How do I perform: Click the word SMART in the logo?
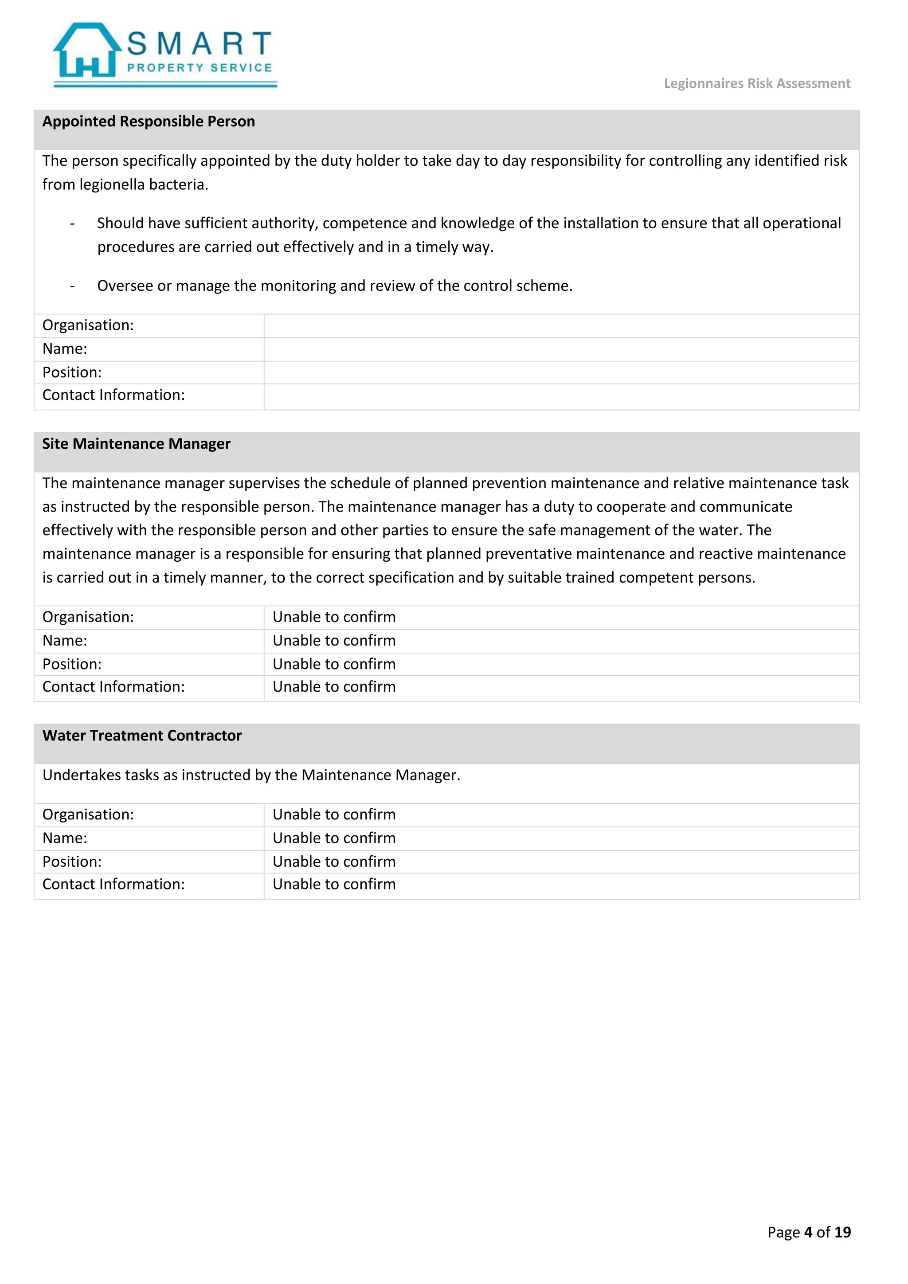coord(199,43)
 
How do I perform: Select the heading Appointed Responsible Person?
coord(149,121)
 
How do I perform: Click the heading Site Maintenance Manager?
coord(137,443)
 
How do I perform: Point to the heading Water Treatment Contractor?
coord(142,736)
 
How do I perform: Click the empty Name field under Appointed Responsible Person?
coord(561,349)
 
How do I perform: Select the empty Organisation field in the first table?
coord(561,325)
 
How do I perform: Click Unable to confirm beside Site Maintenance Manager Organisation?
coord(334,617)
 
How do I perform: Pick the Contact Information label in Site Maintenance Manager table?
coord(113,687)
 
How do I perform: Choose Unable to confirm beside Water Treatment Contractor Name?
coord(334,838)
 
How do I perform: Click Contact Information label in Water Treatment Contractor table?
coord(113,884)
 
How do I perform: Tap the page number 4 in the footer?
coord(808,1232)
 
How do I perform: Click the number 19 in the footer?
coord(842,1232)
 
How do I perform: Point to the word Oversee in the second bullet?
coord(125,286)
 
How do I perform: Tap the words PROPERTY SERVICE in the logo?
coord(199,68)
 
